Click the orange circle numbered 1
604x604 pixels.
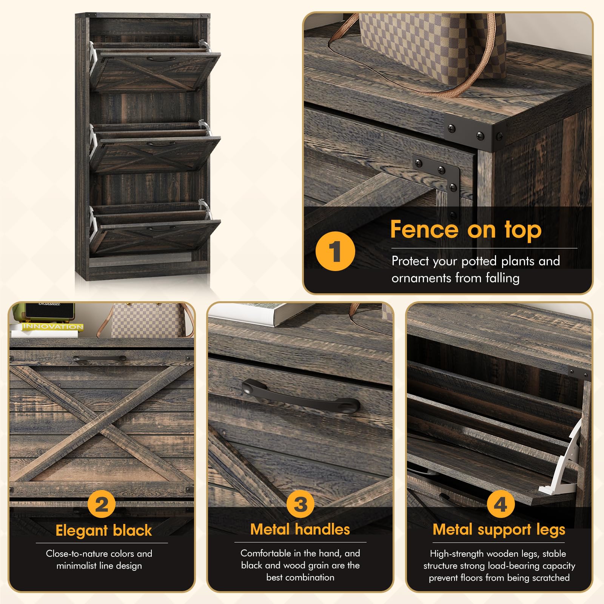[335, 251]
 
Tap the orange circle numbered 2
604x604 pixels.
[102, 504]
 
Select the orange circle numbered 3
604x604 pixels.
[300, 504]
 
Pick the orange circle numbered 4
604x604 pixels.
[501, 504]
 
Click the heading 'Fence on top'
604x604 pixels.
[466, 230]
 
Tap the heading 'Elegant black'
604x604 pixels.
[104, 530]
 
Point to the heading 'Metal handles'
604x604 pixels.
[300, 529]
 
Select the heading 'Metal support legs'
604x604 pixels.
[499, 530]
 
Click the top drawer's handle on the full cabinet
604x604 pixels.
[161, 59]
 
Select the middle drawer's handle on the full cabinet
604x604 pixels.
[161, 143]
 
